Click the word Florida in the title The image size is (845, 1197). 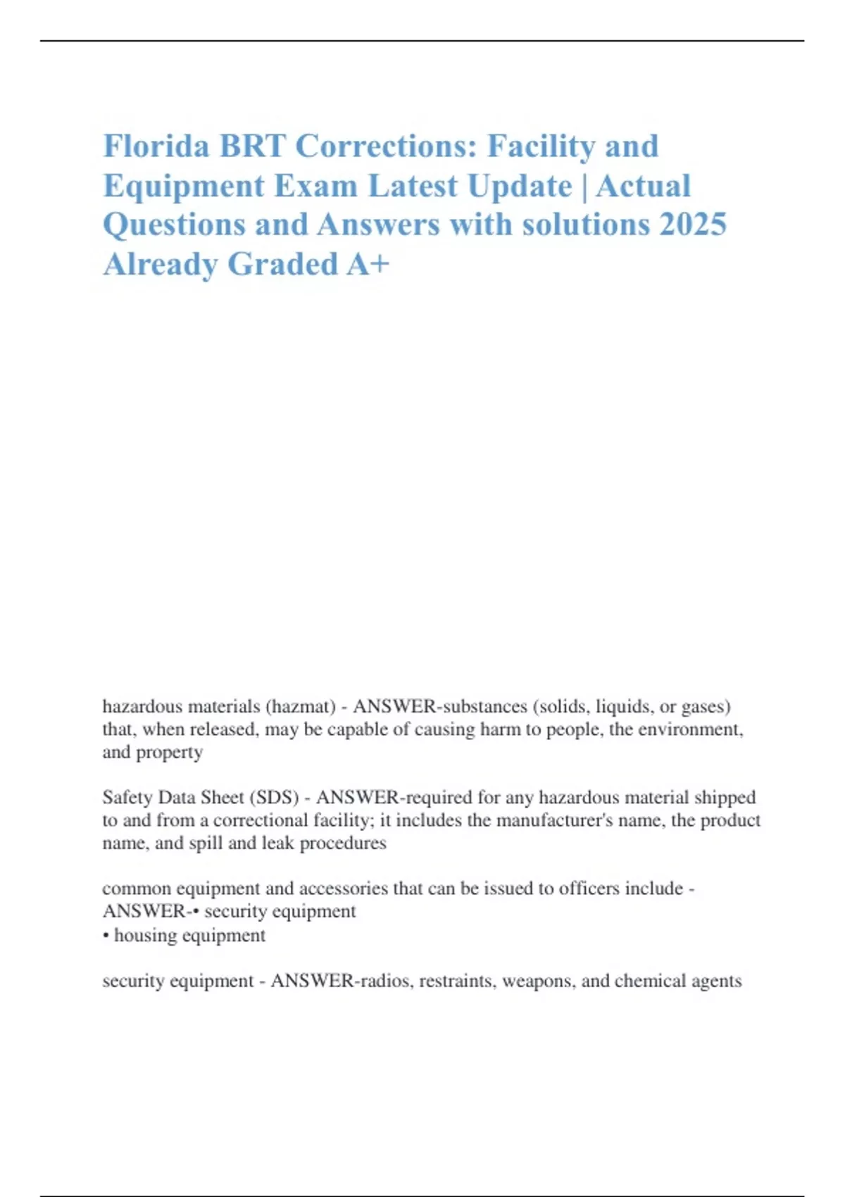tap(156, 146)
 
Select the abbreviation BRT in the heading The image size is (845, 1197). tap(252, 146)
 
